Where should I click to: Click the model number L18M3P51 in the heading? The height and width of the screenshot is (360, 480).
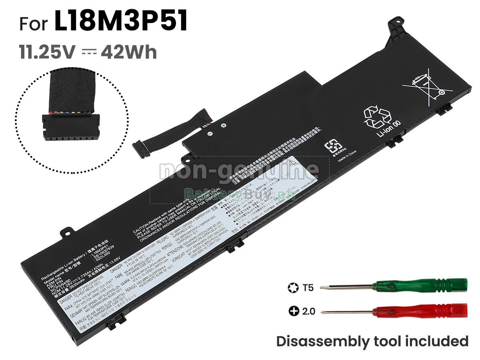[x=121, y=22]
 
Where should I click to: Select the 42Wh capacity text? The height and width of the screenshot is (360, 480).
[x=129, y=52]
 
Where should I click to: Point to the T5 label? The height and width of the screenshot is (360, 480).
[x=308, y=287]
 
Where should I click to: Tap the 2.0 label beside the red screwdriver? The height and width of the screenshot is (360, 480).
[x=309, y=311]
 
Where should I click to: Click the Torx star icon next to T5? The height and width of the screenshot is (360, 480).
[x=292, y=287]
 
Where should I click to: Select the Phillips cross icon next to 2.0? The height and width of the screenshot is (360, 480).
[x=293, y=311]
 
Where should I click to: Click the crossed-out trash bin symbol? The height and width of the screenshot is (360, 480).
[x=428, y=88]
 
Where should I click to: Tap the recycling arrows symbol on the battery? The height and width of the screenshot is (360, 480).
[x=377, y=116]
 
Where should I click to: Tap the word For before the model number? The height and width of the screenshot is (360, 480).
[x=34, y=24]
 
